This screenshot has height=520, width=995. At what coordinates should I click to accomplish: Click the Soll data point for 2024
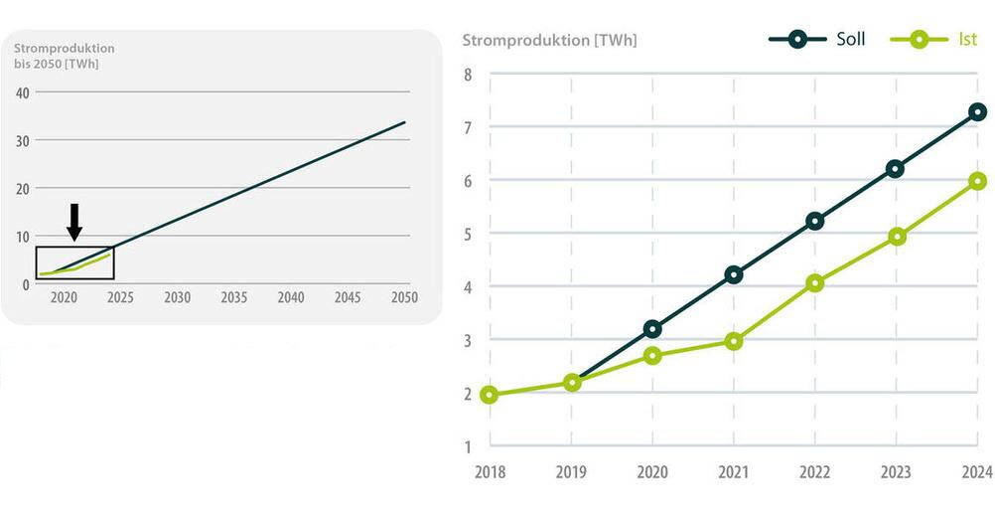(x=977, y=112)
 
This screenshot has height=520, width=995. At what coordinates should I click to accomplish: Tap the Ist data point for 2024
(x=977, y=181)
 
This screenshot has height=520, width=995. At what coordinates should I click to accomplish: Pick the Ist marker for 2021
(x=734, y=341)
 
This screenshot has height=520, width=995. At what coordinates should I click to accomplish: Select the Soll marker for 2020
(x=652, y=328)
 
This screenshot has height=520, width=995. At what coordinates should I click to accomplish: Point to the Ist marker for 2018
(x=490, y=395)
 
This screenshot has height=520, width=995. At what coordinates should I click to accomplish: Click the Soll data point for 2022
(x=815, y=221)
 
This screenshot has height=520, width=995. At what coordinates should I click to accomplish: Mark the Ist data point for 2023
(x=897, y=237)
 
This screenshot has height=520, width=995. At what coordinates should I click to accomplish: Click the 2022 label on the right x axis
(x=815, y=472)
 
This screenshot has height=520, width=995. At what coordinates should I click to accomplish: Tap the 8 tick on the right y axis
(x=468, y=75)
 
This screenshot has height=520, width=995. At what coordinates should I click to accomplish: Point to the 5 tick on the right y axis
(x=468, y=234)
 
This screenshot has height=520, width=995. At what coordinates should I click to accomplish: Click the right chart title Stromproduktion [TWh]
(x=549, y=41)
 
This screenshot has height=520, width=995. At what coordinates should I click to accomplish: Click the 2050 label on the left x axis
(x=403, y=297)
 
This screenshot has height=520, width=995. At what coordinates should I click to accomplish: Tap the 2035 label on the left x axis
(x=233, y=297)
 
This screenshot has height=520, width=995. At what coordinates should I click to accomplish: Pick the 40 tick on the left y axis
(x=22, y=92)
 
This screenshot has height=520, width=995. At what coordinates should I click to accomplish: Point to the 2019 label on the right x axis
(x=571, y=472)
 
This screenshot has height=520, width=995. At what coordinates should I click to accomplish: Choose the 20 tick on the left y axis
(x=22, y=188)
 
